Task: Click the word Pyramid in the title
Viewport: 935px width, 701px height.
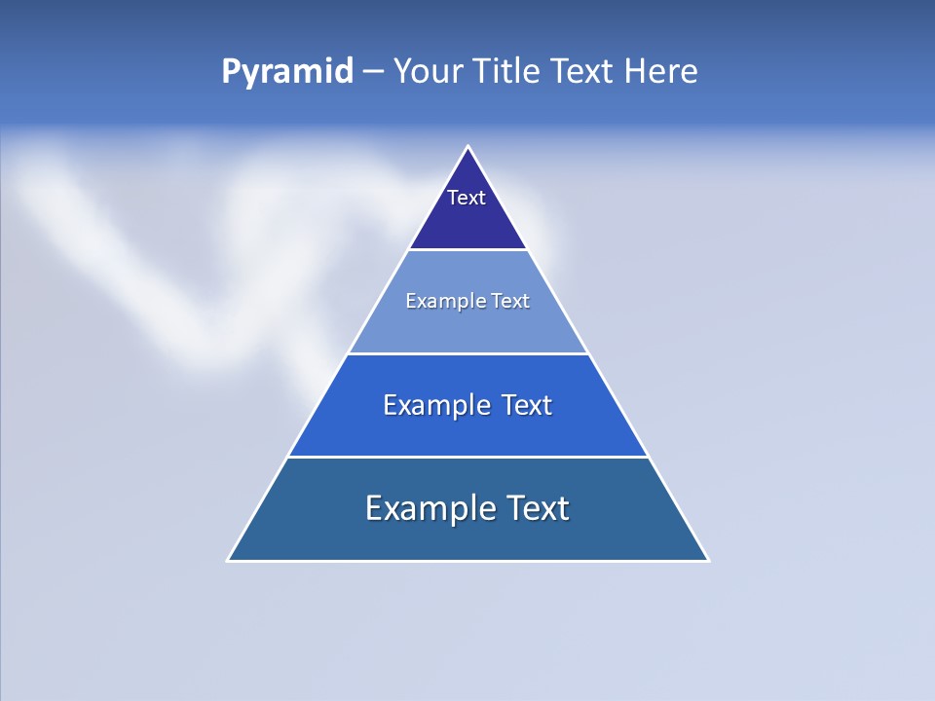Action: [x=287, y=72]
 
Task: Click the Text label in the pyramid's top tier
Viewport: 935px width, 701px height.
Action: [x=467, y=198]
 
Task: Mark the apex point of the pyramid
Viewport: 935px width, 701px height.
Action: [x=467, y=146]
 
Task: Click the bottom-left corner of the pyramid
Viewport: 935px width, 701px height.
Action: [x=228, y=561]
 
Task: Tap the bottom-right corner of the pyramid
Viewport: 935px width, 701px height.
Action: [x=708, y=561]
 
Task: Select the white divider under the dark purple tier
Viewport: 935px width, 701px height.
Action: [x=467, y=250]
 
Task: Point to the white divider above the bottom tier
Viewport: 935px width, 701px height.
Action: [x=467, y=457]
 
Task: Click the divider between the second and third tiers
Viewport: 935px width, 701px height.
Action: [x=467, y=353]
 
